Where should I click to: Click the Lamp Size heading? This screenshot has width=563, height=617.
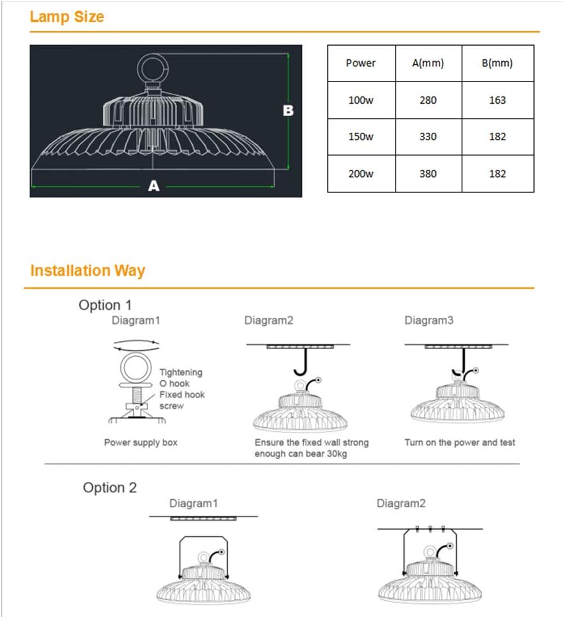click(x=67, y=17)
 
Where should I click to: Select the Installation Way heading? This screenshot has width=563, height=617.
click(x=88, y=270)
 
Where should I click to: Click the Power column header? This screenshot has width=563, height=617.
click(x=361, y=63)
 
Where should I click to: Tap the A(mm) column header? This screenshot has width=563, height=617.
click(x=428, y=63)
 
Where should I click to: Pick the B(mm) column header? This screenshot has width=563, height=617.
click(x=497, y=63)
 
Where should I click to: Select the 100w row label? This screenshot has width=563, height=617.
click(x=361, y=100)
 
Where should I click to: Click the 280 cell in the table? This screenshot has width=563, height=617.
click(x=428, y=100)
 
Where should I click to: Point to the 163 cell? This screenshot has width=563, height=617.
click(x=497, y=100)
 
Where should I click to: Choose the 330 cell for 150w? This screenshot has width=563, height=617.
click(x=428, y=136)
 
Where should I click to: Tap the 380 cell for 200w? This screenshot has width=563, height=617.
click(x=428, y=173)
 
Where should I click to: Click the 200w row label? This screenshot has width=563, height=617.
click(x=361, y=173)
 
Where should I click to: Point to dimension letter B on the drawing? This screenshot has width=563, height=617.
click(x=288, y=111)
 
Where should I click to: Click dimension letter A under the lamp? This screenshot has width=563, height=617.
click(x=154, y=186)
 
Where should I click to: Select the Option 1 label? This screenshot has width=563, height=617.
click(x=105, y=305)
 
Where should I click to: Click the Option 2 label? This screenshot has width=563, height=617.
click(x=109, y=487)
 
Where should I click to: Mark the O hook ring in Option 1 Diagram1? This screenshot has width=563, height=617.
click(x=135, y=370)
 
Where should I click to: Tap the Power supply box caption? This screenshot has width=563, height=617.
click(x=141, y=442)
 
